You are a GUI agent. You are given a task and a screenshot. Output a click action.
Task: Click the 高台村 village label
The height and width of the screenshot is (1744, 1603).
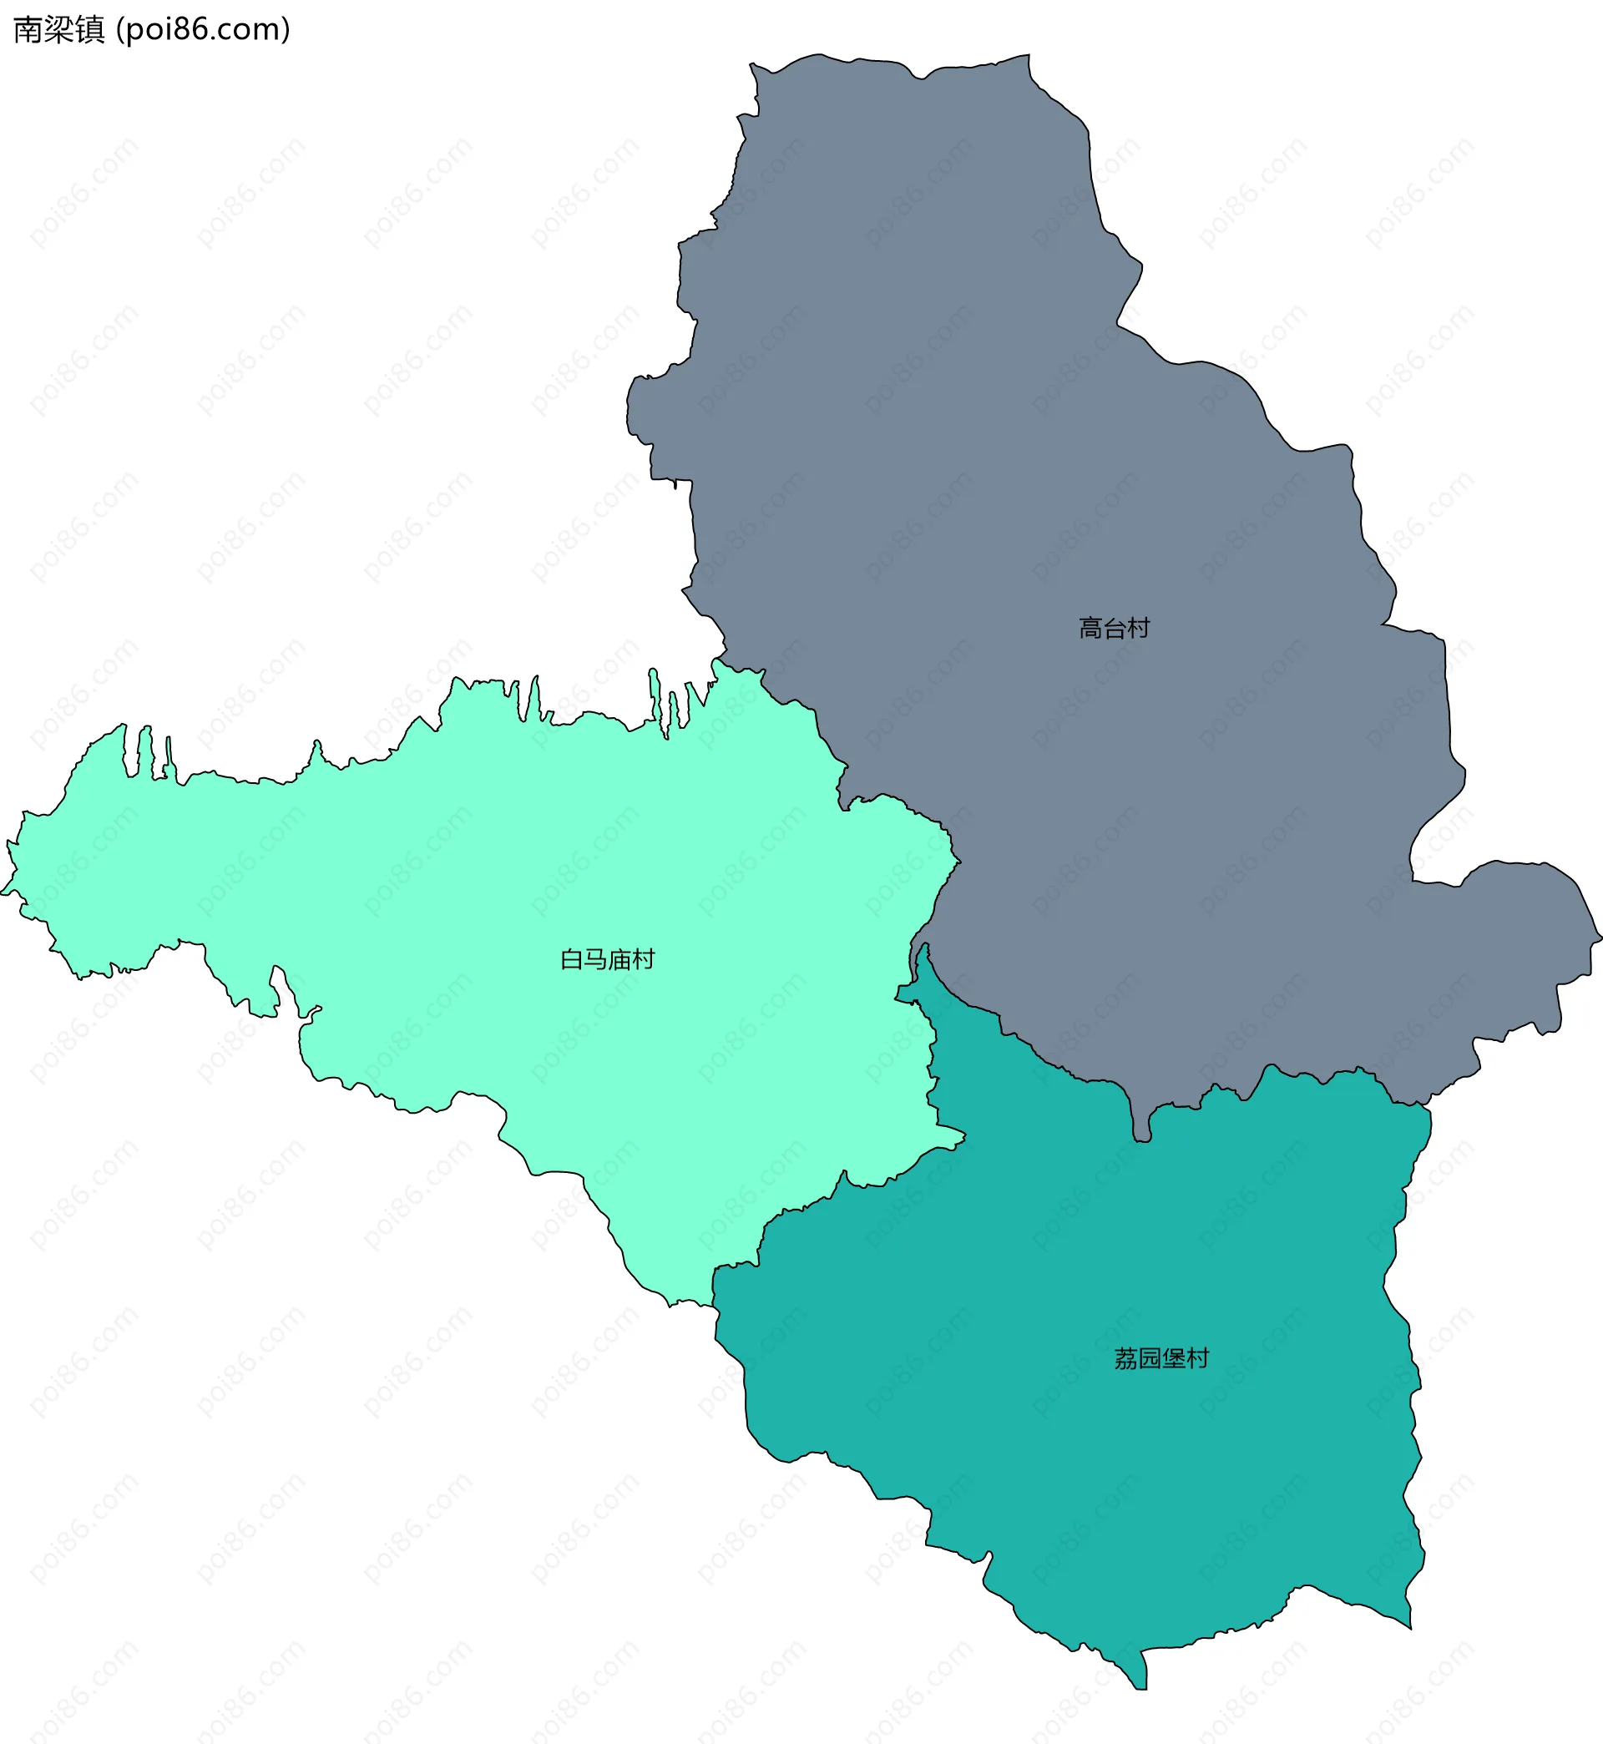[x=1114, y=628]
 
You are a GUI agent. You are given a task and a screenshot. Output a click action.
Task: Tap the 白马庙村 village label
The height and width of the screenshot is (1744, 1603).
[x=607, y=959]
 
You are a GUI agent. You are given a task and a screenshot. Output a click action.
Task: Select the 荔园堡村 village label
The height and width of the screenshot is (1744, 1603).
[x=1161, y=1358]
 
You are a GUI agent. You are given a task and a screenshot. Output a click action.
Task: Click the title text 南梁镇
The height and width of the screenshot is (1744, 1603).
[x=59, y=29]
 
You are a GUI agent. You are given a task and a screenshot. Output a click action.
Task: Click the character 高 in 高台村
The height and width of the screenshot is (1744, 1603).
[x=1090, y=628]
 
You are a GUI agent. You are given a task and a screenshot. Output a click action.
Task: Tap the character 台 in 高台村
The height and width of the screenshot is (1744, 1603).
[x=1114, y=628]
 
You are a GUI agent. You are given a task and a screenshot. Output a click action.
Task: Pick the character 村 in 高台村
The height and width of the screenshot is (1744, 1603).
[x=1138, y=628]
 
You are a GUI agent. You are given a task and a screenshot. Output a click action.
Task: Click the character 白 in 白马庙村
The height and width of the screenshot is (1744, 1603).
[x=572, y=959]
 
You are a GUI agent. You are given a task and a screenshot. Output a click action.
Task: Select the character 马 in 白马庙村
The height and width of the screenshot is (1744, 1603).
[x=595, y=959]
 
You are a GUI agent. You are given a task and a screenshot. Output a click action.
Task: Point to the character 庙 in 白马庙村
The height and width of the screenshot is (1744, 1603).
[x=619, y=959]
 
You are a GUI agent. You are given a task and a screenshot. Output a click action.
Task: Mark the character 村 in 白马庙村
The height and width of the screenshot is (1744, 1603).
[x=643, y=959]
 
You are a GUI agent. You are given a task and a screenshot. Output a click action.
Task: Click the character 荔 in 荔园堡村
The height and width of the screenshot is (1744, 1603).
[x=1126, y=1358]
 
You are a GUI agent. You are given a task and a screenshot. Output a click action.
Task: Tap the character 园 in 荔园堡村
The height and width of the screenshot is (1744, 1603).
[x=1150, y=1358]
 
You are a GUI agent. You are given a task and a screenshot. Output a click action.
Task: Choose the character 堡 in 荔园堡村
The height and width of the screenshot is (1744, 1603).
[x=1174, y=1358]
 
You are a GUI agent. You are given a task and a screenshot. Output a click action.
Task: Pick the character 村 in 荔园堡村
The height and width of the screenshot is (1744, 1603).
[x=1197, y=1358]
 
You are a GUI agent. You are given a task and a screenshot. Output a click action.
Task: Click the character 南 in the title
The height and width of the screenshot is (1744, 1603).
[x=28, y=29]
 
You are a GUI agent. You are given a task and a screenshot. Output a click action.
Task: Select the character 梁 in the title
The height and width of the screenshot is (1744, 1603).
[x=59, y=29]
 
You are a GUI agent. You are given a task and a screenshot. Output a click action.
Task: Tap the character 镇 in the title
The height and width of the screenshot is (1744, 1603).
[x=90, y=29]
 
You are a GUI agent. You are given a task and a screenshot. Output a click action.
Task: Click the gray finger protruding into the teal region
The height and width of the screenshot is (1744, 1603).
[x=1141, y=1124]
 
